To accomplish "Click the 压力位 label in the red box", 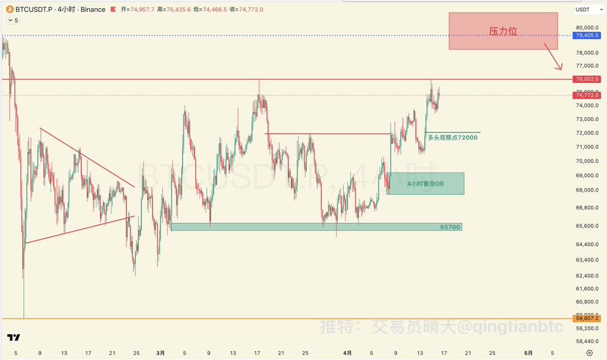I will [x=503, y=31].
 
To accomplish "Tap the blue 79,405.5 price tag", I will [x=587, y=35].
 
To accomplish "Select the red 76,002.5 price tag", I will [x=587, y=79].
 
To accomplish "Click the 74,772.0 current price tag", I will [x=587, y=95].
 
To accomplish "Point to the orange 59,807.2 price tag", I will [x=587, y=319].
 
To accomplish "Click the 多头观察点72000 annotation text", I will [x=452, y=137].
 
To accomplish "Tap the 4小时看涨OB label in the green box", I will [x=425, y=184].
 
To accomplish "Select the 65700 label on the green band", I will [x=450, y=227].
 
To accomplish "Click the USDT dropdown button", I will [x=586, y=10].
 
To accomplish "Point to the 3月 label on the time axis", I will [x=160, y=352].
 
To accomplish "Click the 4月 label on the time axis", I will [x=348, y=352].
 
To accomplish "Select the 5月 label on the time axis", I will [x=528, y=352].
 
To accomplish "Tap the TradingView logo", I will [x=14, y=338].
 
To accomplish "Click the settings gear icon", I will [x=589, y=352].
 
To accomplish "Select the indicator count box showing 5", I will [x=13, y=20].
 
